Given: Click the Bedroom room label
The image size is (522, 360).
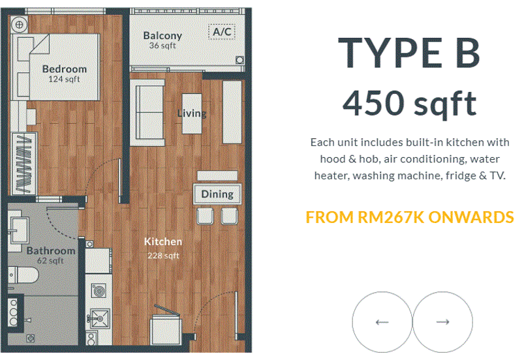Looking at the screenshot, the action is (64, 69).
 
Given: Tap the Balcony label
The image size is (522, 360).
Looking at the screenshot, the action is (162, 36).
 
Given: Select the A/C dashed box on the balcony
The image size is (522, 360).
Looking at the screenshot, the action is (222, 32).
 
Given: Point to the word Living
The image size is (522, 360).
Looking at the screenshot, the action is (192, 113).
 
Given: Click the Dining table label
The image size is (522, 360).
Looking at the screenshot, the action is (217, 194).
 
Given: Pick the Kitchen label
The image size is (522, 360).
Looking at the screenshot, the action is (163, 241).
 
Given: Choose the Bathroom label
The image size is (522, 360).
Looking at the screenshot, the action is (51, 250).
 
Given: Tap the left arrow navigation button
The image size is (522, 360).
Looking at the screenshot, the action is (382, 322).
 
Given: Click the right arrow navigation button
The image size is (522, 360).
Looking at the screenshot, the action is (443, 322).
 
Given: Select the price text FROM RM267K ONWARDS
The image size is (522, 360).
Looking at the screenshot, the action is (410, 217).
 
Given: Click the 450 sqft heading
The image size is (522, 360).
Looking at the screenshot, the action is (410, 103).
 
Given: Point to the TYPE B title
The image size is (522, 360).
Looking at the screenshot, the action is (409, 53).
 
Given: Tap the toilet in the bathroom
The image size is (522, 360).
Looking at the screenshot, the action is (23, 275).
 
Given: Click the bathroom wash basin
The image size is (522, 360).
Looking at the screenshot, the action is (18, 230).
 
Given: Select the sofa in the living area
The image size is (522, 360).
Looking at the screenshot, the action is (147, 112).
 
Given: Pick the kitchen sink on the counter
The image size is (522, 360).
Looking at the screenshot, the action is (99, 318).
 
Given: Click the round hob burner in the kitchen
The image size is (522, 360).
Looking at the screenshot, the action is (99, 290).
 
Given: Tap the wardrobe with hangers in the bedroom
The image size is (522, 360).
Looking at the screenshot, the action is (24, 164).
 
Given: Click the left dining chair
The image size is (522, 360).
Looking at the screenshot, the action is (205, 216).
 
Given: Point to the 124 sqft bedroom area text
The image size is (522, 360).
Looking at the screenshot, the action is (64, 79).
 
